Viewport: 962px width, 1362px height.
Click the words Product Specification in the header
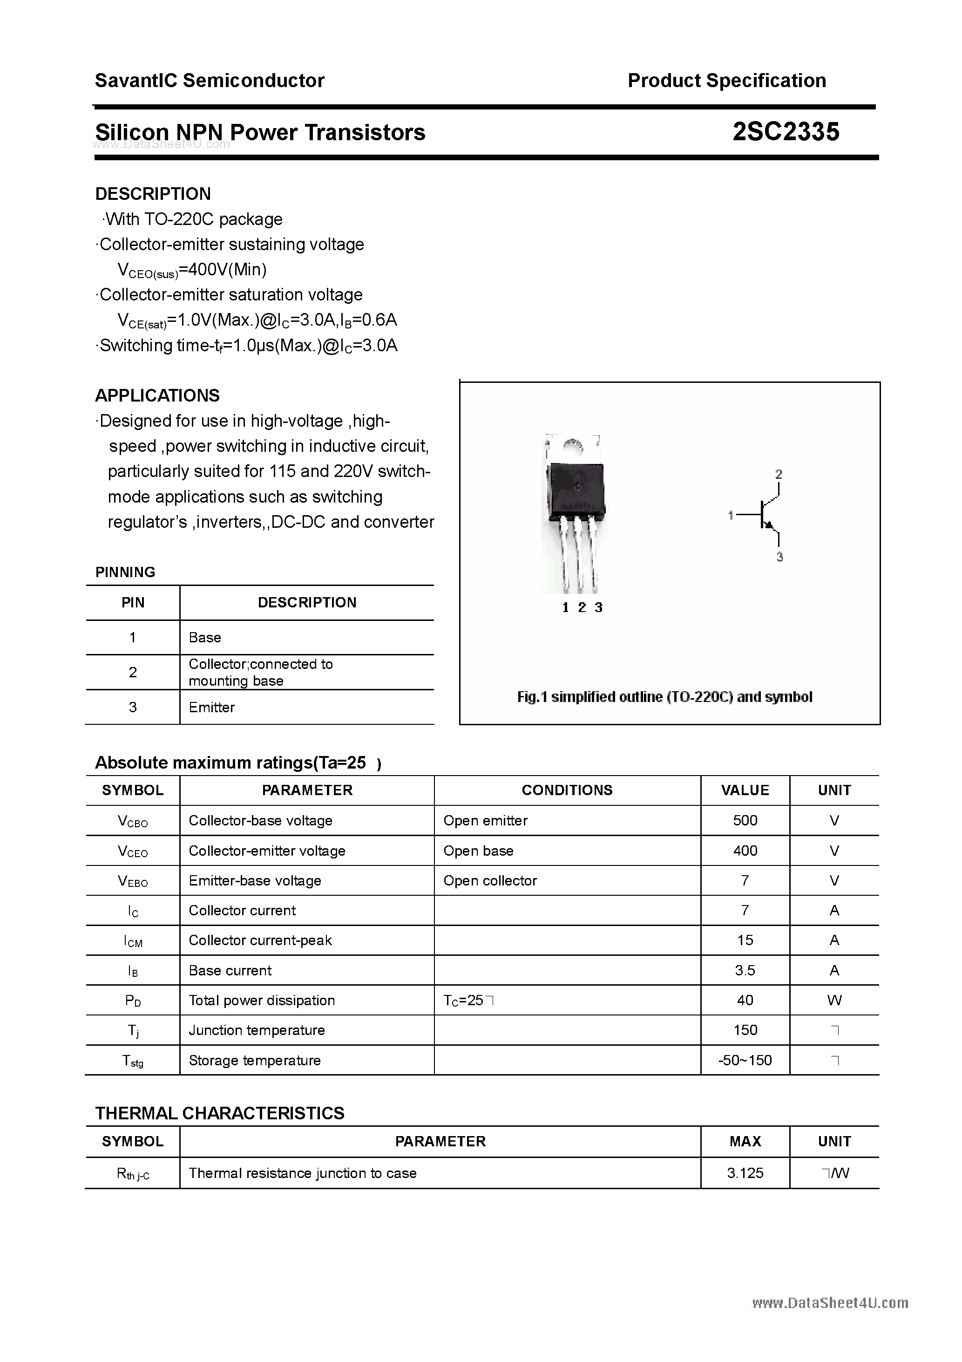click(726, 80)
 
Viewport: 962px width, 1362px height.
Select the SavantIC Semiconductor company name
click(210, 80)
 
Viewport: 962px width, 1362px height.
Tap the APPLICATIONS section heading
click(157, 395)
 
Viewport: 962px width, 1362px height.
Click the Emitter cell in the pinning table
click(212, 707)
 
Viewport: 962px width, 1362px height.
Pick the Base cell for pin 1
click(204, 638)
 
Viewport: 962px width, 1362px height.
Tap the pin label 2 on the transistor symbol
click(779, 475)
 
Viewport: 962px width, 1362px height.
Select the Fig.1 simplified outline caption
click(664, 697)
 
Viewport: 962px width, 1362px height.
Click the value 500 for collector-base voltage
click(745, 820)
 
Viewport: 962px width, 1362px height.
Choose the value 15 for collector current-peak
click(745, 940)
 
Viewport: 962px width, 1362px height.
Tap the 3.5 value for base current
click(745, 970)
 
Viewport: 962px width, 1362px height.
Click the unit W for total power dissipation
click(834, 1001)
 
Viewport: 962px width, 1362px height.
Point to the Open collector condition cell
click(490, 881)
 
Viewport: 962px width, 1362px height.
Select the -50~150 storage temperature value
click(745, 1061)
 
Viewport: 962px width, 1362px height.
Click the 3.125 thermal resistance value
click(745, 1173)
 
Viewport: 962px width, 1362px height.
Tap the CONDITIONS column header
click(567, 790)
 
